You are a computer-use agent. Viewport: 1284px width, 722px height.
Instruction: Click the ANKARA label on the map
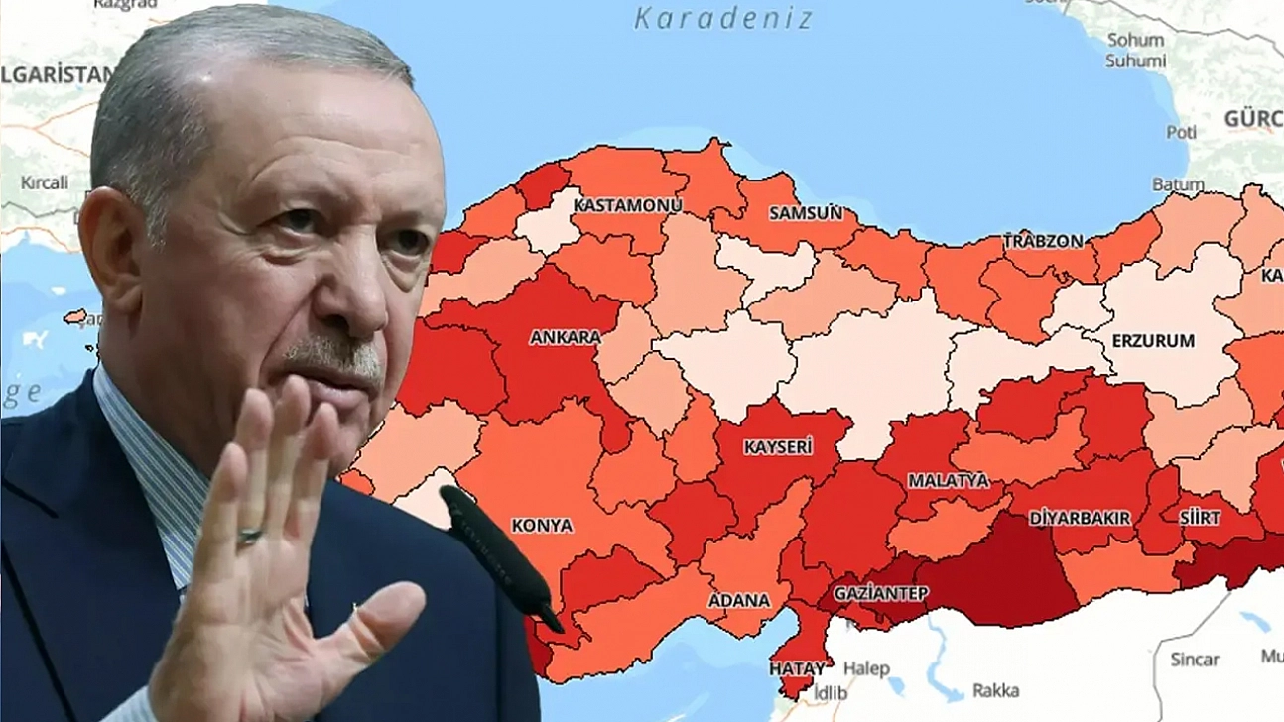click(565, 337)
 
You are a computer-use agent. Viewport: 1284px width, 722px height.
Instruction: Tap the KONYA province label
click(542, 525)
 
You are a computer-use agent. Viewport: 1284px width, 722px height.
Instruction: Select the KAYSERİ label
click(778, 447)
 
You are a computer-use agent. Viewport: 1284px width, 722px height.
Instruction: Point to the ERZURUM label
click(1153, 340)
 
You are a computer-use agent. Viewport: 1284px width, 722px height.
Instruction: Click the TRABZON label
click(1043, 241)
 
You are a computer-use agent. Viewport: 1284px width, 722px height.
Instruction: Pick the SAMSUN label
click(806, 212)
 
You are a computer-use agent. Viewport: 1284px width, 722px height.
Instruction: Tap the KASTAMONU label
click(628, 205)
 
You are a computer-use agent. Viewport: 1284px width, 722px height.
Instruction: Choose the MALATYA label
click(949, 480)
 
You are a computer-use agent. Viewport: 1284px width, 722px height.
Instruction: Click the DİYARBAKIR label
click(1080, 518)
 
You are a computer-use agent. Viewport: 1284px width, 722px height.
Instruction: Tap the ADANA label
click(738, 600)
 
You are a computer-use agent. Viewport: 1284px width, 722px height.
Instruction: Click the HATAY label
click(797, 668)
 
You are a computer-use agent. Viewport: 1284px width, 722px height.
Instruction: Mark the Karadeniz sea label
click(723, 18)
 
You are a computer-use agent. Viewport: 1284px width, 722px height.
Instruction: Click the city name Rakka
click(995, 690)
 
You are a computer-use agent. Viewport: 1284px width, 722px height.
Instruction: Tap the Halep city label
click(866, 668)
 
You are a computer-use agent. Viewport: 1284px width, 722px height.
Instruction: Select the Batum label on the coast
click(1178, 184)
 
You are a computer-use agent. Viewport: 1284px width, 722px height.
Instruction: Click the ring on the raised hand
click(250, 537)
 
